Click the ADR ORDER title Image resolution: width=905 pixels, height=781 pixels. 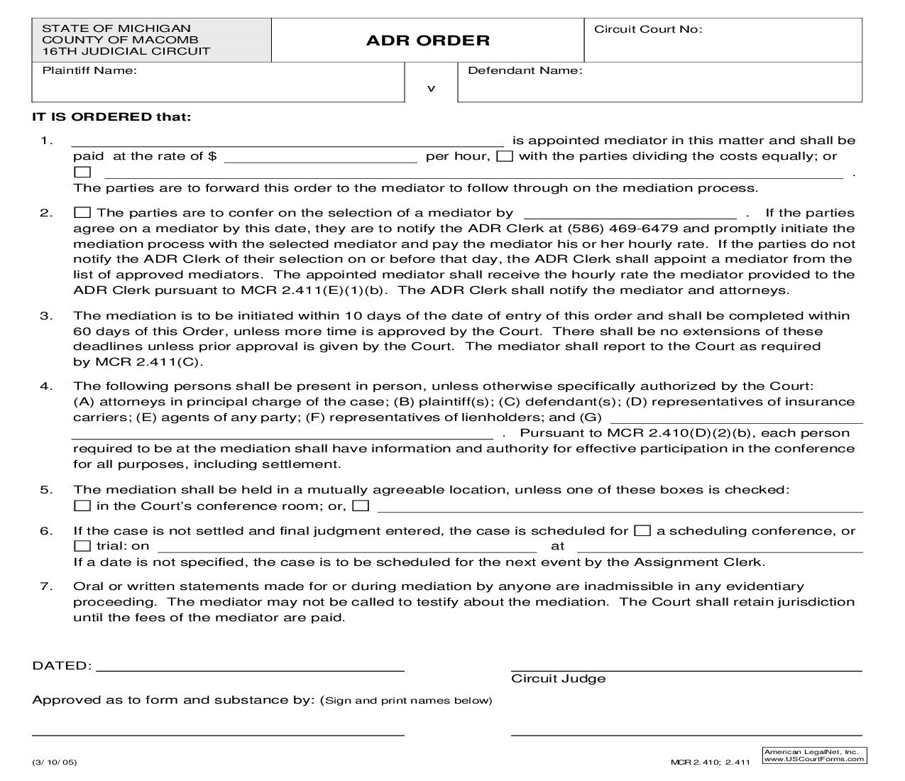[x=427, y=40]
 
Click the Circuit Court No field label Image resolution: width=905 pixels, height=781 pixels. [x=647, y=29]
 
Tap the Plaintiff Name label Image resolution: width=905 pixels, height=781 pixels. [x=89, y=70]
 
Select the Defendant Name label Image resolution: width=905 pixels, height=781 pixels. [x=525, y=70]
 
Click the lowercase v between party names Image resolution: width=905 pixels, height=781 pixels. [x=431, y=89]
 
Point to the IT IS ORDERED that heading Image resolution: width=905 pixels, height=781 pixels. [x=111, y=117]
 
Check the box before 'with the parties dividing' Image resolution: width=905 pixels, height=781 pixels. [x=505, y=157]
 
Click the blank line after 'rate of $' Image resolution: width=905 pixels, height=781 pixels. [x=320, y=157]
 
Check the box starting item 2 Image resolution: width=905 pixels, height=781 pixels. [x=82, y=213]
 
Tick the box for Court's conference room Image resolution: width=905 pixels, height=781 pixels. [x=82, y=506]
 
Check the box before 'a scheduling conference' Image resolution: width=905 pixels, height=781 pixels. [x=642, y=531]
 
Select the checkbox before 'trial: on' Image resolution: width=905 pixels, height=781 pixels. [x=82, y=546]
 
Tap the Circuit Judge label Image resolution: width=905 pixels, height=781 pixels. [x=558, y=679]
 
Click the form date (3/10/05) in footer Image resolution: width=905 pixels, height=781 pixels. [x=55, y=763]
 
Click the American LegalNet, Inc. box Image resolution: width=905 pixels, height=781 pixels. [x=813, y=755]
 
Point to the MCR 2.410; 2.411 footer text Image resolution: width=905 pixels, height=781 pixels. [x=710, y=763]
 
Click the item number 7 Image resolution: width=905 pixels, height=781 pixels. [x=46, y=586]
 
